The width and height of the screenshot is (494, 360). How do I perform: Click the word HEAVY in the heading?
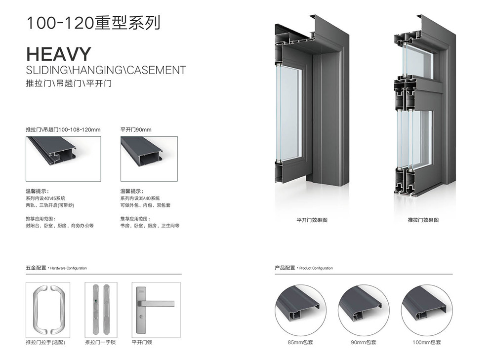[59, 54]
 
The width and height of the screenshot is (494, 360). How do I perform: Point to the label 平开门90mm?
[136, 130]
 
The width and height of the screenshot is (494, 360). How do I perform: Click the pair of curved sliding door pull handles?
[48, 309]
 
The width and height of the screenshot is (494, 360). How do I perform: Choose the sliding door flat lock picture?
[101, 309]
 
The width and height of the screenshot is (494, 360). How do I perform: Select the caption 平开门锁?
[142, 342]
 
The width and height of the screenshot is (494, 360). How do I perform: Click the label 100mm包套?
[426, 342]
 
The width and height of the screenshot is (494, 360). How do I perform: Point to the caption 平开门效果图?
[312, 220]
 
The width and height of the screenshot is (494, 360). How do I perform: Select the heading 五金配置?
[36, 268]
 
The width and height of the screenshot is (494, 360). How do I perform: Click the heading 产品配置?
[285, 268]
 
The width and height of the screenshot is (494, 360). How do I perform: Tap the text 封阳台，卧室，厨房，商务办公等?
[59, 226]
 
